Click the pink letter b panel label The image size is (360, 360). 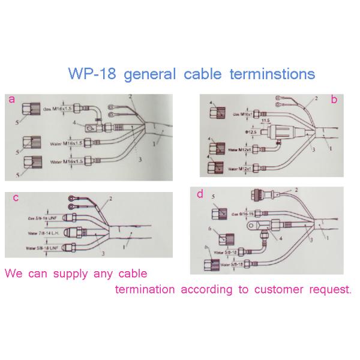[x=334, y=100]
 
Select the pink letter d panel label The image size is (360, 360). [x=199, y=194]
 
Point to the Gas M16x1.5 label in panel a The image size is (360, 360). [x=58, y=110]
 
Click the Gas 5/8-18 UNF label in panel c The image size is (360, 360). [x=43, y=218]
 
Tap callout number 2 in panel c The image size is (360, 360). [x=110, y=198]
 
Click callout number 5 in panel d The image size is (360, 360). [x=213, y=196]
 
